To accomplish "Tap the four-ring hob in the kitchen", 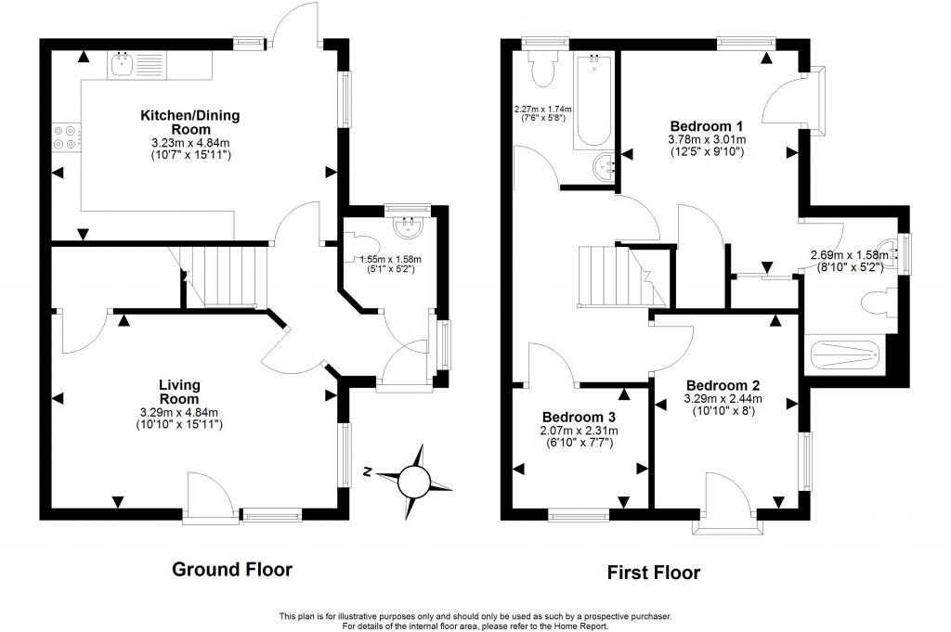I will [x=65, y=137].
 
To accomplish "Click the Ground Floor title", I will [x=232, y=569].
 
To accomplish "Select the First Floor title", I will [x=654, y=572].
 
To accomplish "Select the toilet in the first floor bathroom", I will [x=540, y=70].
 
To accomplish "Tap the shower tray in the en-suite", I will [x=843, y=355].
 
